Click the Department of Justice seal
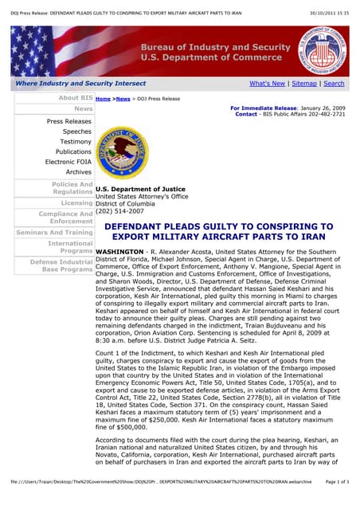tap(121, 151)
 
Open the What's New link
tap(267, 83)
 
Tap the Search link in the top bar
tap(334, 83)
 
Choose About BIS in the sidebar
tap(76, 98)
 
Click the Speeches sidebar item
tap(77, 131)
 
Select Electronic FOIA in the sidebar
tap(68, 162)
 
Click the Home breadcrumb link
tap(103, 99)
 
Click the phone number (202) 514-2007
tap(119, 211)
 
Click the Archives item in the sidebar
tap(79, 172)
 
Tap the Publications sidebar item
tap(73, 151)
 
